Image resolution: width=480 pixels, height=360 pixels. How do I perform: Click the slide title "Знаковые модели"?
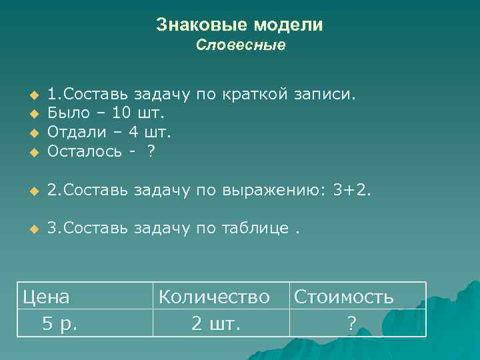tap(239, 25)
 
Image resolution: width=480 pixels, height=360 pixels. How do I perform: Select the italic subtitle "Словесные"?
tap(241, 45)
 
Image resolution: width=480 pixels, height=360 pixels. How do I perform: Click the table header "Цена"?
tap(47, 296)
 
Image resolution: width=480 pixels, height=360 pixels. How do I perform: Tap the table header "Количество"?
tap(213, 296)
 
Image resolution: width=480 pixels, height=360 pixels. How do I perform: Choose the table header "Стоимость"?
tap(343, 296)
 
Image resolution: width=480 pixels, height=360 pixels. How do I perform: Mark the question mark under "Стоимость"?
tap(351, 324)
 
